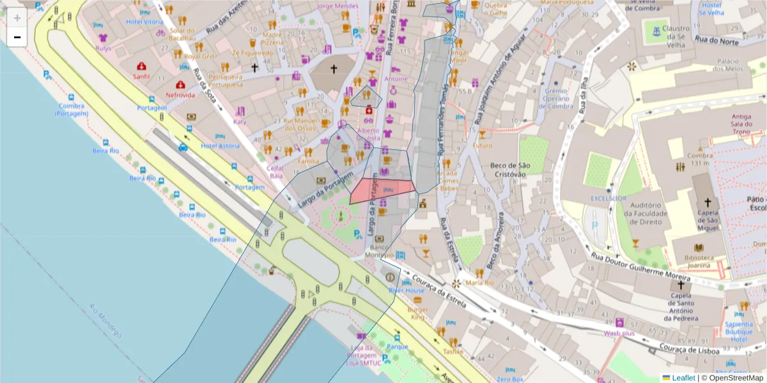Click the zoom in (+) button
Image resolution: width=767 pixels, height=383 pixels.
[17, 18]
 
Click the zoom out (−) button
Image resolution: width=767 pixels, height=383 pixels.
[17, 37]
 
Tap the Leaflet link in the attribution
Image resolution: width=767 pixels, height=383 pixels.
[683, 378]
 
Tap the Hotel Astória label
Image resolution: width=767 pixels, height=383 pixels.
[221, 146]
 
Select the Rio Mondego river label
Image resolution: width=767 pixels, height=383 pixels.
[105, 320]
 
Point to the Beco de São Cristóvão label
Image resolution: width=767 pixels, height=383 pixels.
[508, 170]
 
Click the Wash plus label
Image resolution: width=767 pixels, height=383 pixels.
[619, 333]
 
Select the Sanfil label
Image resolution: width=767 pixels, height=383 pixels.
[141, 76]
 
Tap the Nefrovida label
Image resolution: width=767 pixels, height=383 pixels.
[180, 94]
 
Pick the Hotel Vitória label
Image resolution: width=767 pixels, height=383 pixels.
[145, 22]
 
